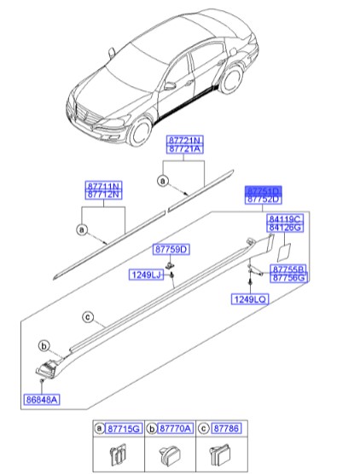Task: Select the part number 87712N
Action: (x=103, y=195)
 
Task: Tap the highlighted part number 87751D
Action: (x=263, y=190)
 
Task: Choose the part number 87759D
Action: (x=171, y=249)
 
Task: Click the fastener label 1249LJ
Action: (x=147, y=275)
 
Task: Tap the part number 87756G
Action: (x=288, y=277)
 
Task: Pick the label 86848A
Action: (x=43, y=398)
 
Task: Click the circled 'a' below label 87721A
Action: (x=161, y=180)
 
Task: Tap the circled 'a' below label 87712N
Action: (x=82, y=229)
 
